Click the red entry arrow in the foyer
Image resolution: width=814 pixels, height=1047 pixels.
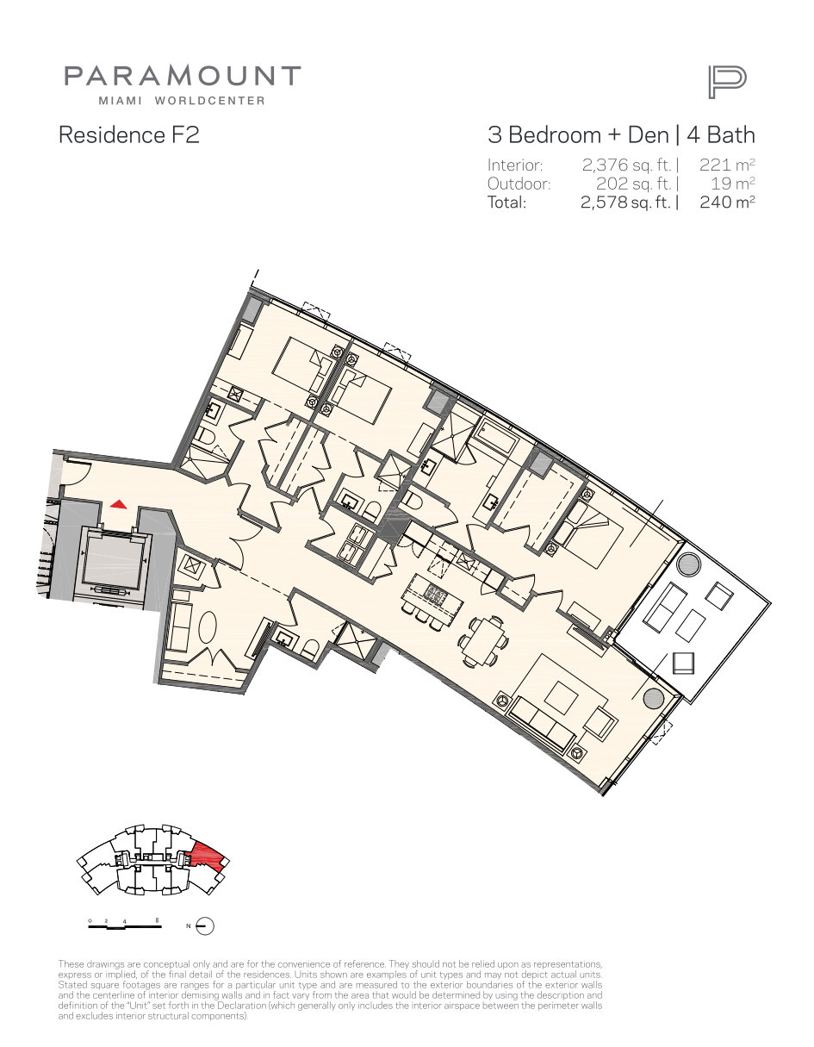(x=119, y=504)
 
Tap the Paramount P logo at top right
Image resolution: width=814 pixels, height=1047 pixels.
(x=727, y=83)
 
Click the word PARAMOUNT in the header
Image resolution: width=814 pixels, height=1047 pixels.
(x=183, y=76)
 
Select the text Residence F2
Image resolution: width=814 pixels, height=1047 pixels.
(x=128, y=134)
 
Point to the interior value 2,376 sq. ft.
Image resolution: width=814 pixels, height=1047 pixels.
(x=626, y=165)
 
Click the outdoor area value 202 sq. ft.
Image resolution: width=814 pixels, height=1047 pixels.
(x=634, y=184)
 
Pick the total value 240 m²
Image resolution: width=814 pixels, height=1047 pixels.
(x=727, y=202)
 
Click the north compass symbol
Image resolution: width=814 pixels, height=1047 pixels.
(x=205, y=926)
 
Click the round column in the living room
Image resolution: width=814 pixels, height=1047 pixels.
(x=654, y=698)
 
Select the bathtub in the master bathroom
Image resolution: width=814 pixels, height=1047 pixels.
(x=495, y=437)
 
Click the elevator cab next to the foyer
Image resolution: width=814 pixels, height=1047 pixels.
(x=113, y=563)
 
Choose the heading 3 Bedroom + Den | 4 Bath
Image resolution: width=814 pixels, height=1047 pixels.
(x=621, y=135)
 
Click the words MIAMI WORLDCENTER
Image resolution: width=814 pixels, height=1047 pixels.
(x=182, y=101)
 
